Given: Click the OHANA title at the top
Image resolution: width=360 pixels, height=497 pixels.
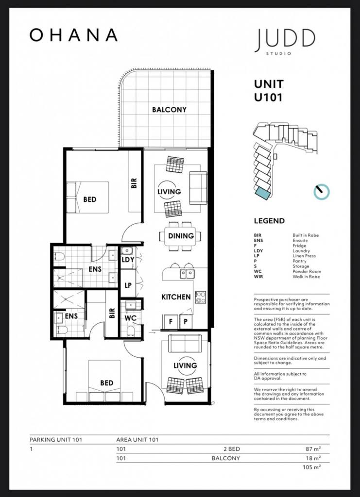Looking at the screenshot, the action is pyautogui.click(x=73, y=35).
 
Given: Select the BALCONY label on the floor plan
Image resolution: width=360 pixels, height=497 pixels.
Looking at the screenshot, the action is pyautogui.click(x=169, y=110).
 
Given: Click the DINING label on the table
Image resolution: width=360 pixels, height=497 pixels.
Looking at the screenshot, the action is pyautogui.click(x=181, y=236).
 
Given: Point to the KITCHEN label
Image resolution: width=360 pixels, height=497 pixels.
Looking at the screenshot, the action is pyautogui.click(x=176, y=297).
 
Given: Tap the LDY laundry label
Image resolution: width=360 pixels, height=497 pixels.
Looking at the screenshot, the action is pyautogui.click(x=128, y=260).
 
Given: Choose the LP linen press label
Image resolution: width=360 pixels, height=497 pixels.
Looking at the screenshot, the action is pyautogui.click(x=128, y=285).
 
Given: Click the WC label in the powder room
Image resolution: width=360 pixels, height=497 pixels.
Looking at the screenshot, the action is pyautogui.click(x=130, y=318).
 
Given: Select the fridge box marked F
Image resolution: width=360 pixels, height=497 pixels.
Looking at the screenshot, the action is pyautogui.click(x=171, y=322).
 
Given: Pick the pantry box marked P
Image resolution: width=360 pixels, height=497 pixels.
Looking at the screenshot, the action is pyautogui.click(x=186, y=322).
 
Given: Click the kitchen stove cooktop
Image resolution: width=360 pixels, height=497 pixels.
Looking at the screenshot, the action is pyautogui.click(x=201, y=298).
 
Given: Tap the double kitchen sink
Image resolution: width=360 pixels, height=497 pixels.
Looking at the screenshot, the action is pyautogui.click(x=187, y=274).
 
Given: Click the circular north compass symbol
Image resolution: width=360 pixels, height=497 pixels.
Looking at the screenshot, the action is pyautogui.click(x=322, y=192).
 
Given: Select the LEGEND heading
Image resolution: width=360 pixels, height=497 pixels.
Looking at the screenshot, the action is pyautogui.click(x=269, y=221).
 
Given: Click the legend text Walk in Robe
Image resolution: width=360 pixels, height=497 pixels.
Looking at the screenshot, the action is pyautogui.click(x=306, y=277).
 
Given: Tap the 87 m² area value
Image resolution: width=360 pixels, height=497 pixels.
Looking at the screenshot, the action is pyautogui.click(x=313, y=449).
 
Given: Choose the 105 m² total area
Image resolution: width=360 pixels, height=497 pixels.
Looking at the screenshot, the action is pyautogui.click(x=312, y=467).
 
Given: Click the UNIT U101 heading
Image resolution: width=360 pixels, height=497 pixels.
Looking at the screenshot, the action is pyautogui.click(x=269, y=91).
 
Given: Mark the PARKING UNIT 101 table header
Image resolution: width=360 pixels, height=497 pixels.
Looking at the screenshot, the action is pyautogui.click(x=56, y=440).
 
